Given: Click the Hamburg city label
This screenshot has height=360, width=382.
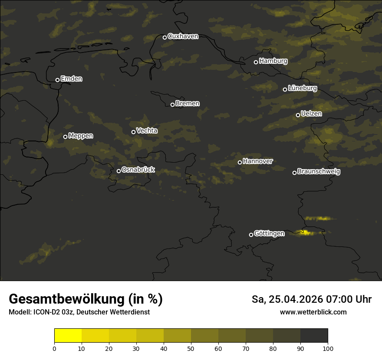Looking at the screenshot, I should point(273,61).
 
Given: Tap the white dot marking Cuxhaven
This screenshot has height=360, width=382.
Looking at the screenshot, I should point(165,37).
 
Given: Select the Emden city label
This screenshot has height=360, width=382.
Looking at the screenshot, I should point(71,79).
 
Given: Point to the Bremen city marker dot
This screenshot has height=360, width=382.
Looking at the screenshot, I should point(172,105).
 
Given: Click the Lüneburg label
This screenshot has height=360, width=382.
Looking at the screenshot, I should point(302,88).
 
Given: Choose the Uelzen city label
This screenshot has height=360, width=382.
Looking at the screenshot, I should point(311,114).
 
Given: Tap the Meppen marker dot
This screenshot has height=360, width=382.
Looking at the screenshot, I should point(65,137).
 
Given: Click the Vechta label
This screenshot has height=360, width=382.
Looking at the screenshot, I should point(147,131).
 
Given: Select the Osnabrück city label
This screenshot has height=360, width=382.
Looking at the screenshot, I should point(138,170).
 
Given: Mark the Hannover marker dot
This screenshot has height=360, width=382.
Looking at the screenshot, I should point(240,162).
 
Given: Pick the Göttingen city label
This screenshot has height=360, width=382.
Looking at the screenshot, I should point(269,233).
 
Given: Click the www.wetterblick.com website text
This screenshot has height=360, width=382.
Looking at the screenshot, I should point(313,312).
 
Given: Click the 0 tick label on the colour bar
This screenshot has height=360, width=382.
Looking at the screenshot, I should point(54,348).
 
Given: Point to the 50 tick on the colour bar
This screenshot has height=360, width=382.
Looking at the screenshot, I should point(191,348).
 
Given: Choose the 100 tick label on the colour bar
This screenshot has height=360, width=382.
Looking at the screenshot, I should point(328,348).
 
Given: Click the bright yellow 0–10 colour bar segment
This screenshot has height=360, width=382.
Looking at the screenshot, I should point(68,336).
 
